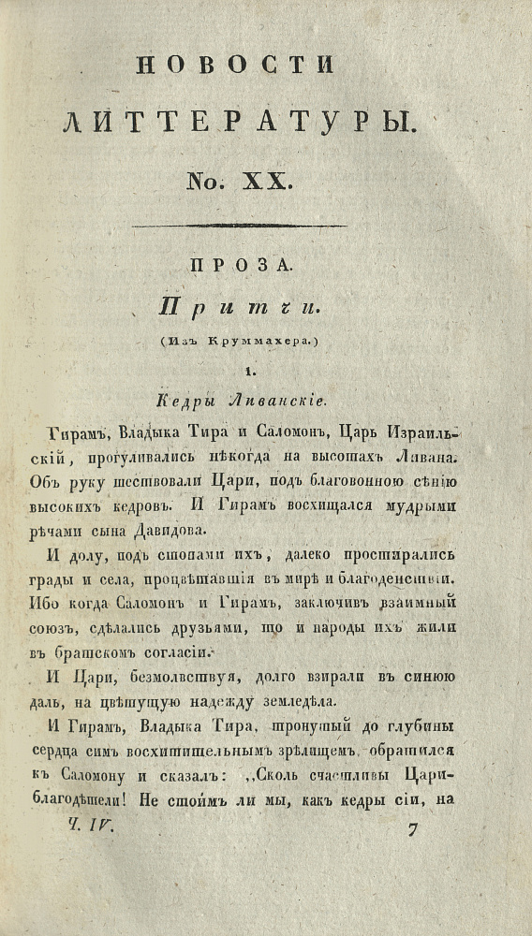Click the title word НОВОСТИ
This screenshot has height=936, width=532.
coord(235,66)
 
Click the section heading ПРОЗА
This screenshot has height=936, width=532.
coord(241,267)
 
